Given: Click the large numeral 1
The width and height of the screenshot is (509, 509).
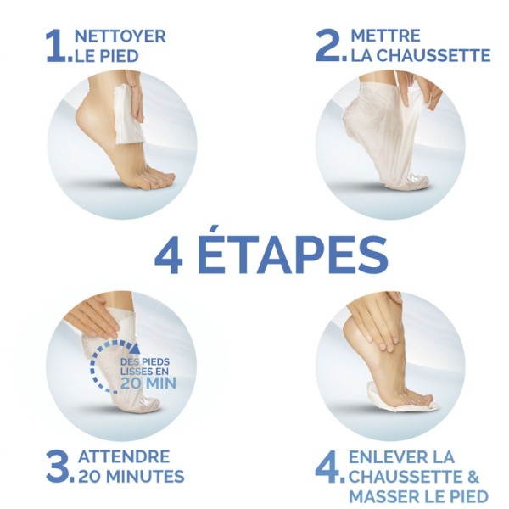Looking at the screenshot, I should [x=56, y=47].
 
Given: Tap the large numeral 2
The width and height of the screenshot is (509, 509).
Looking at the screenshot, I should [x=327, y=46].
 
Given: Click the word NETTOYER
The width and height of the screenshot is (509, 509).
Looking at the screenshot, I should [x=120, y=36].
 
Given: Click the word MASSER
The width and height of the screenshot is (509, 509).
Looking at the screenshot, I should [x=384, y=495].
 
